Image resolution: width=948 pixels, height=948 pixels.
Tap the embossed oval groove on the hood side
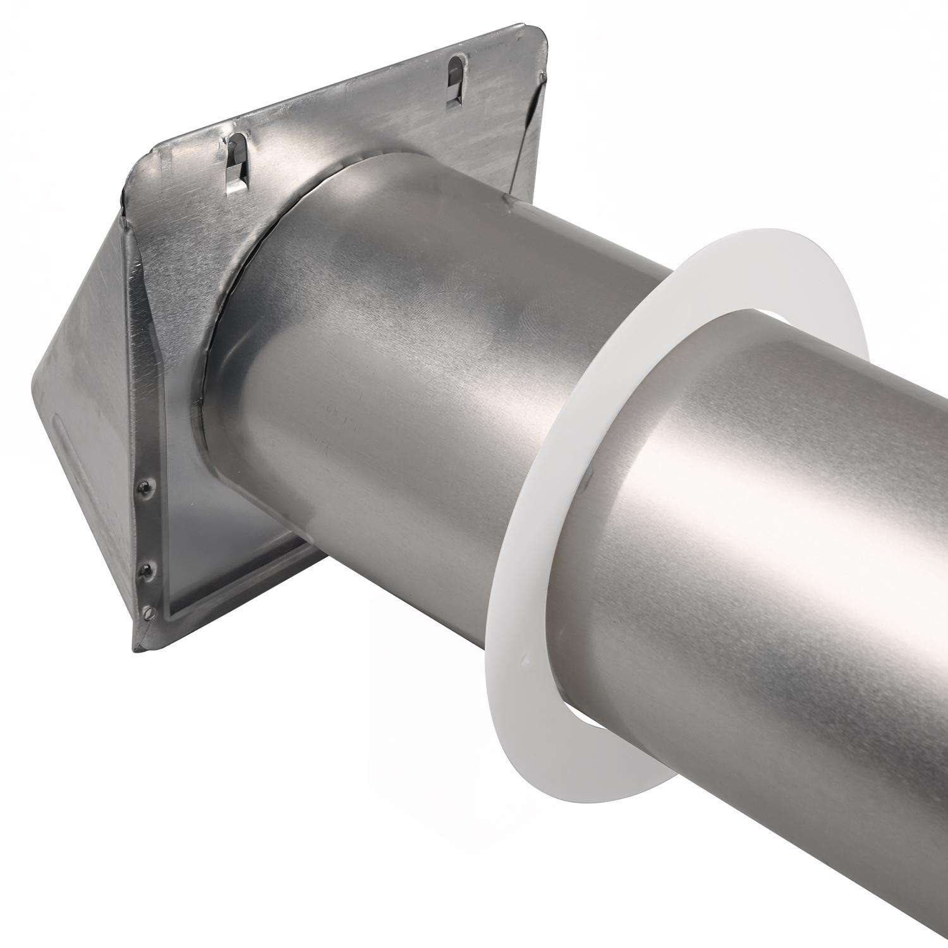pos(63,442)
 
